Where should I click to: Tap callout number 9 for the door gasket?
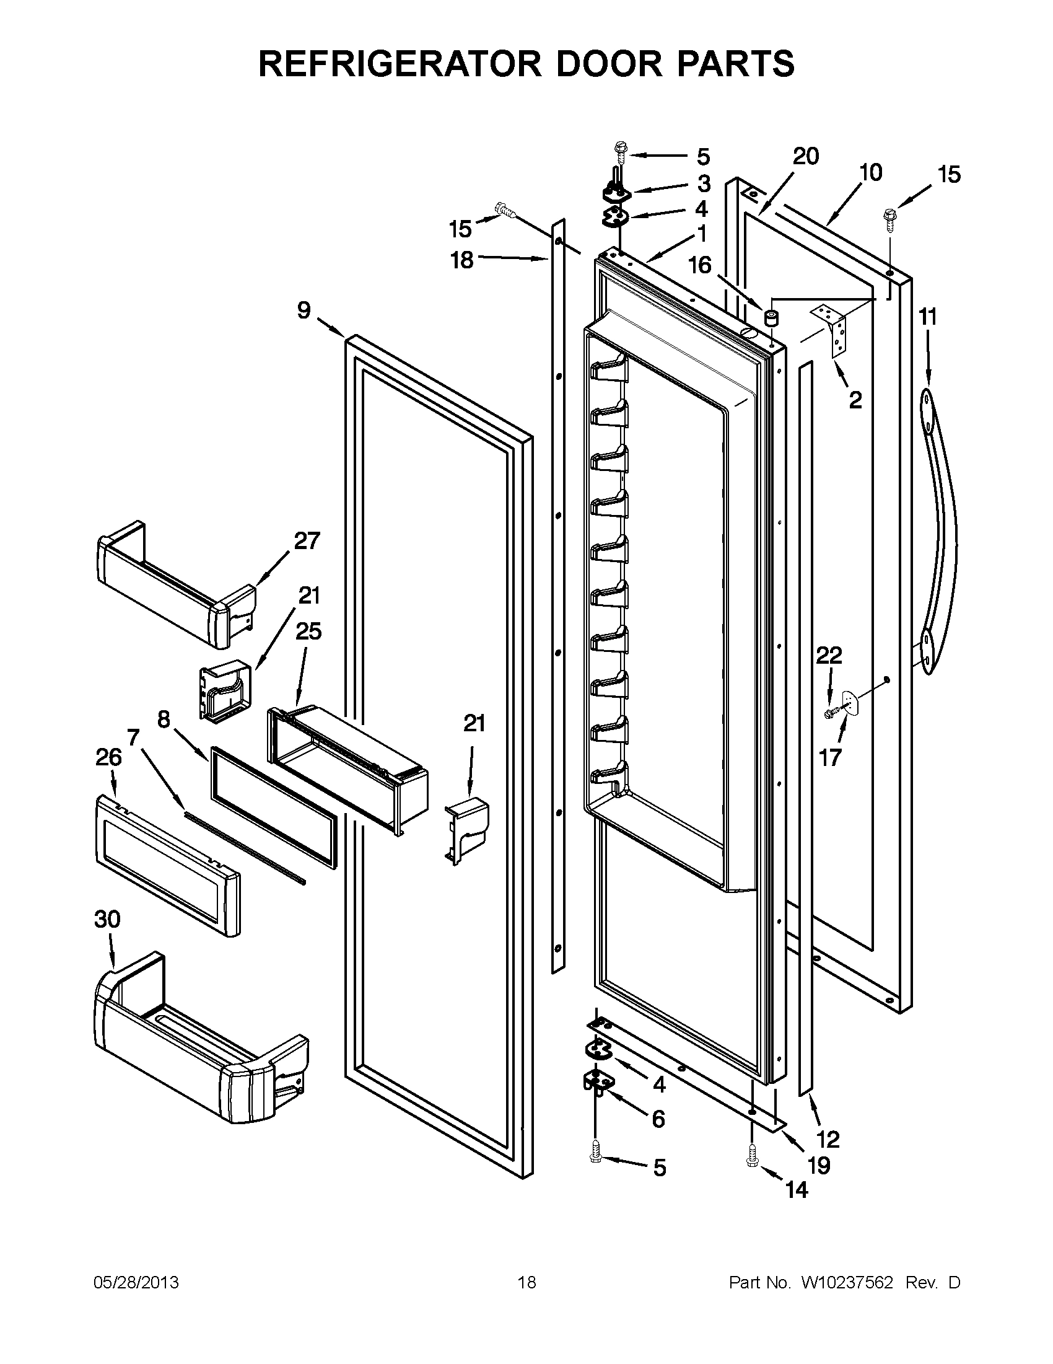point(304,310)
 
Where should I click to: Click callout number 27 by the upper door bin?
point(307,540)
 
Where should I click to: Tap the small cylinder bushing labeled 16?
point(772,319)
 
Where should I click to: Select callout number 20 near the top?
point(806,156)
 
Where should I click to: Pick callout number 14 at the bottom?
point(797,1190)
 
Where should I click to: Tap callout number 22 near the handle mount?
point(829,655)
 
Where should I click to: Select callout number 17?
point(830,758)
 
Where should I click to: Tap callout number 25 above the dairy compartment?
point(308,631)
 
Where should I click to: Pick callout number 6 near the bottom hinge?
point(658,1119)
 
